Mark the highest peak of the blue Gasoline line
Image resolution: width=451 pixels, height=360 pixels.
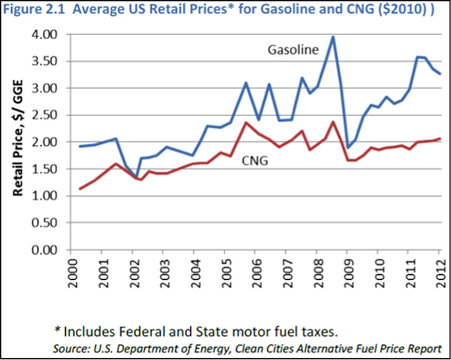[333, 38]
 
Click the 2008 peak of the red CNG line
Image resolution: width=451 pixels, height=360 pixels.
[333, 122]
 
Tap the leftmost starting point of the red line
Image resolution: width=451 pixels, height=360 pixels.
[79, 189]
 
